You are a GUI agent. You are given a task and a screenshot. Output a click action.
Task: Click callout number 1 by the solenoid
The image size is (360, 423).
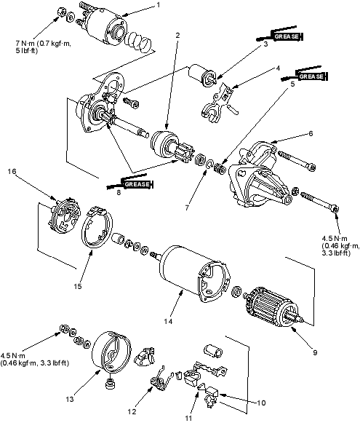pos(159,5)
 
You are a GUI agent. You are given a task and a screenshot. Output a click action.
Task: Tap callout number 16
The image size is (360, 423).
pos(12,171)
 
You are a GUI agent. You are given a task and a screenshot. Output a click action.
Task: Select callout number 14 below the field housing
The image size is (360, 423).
pos(168,321)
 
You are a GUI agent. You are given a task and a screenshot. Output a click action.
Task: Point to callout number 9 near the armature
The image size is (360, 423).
pos(315,352)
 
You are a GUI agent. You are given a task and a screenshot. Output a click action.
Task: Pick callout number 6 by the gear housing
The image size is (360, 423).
pos(311,133)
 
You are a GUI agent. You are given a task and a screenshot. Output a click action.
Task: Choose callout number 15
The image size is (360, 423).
pos(78,286)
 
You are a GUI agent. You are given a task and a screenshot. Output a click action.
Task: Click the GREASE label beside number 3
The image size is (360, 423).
pos(287,36)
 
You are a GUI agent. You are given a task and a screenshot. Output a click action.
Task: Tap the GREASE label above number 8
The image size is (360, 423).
pos(137,184)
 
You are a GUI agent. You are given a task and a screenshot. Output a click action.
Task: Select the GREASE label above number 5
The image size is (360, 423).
pos(311,76)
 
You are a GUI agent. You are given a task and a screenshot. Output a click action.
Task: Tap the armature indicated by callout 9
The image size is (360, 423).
pos(272,307)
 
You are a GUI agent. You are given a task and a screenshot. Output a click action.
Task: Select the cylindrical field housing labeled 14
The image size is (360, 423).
pos(194,274)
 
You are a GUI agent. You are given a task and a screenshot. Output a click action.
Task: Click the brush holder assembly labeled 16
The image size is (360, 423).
pos(65,216)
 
